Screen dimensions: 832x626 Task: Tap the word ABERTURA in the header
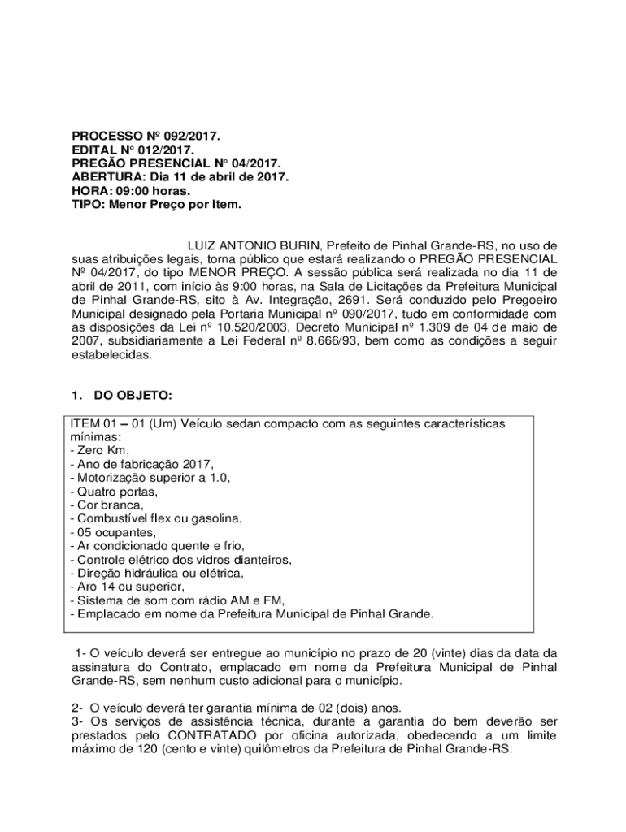pos(102,176)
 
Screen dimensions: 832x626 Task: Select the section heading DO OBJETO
pos(133,396)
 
